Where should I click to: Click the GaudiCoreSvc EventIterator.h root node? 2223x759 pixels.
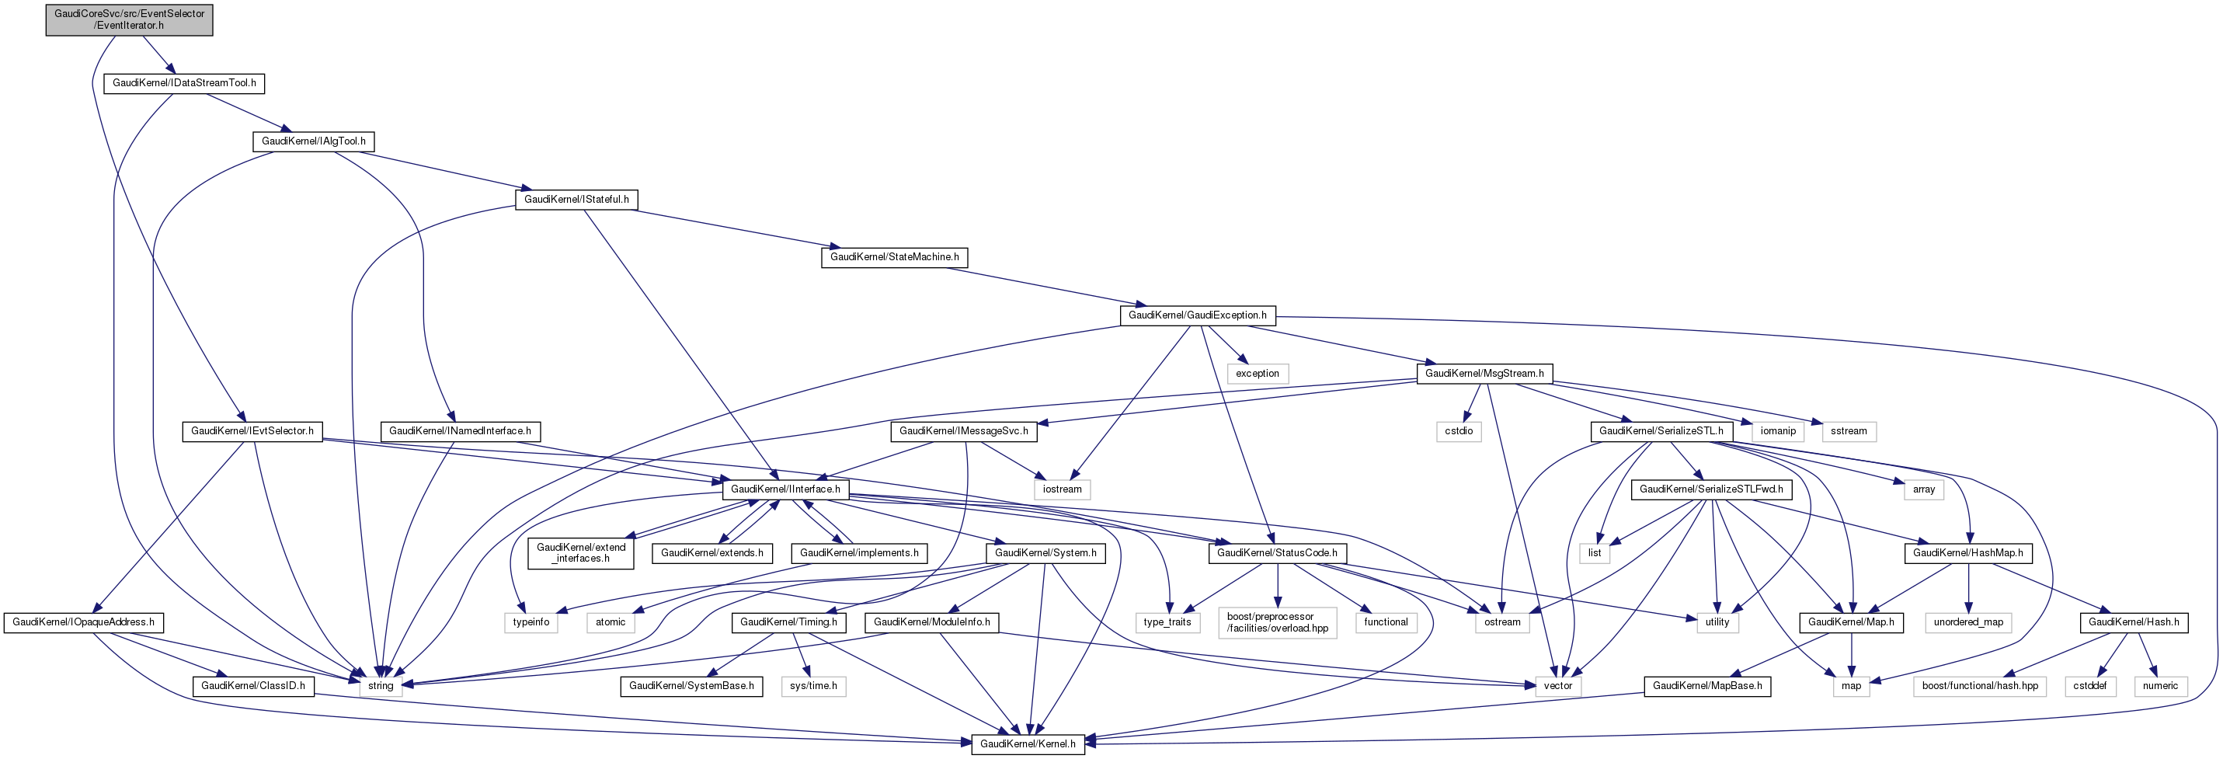click(130, 19)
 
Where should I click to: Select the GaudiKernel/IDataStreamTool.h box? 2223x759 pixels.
click(185, 83)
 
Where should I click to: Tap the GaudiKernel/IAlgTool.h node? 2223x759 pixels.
click(313, 141)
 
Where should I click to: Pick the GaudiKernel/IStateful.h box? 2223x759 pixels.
click(576, 200)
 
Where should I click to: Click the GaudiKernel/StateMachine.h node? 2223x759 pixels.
click(894, 257)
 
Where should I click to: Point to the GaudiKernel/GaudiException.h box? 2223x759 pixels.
click(1197, 315)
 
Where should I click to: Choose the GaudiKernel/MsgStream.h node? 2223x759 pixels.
click(1484, 373)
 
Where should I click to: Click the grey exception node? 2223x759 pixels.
click(1257, 374)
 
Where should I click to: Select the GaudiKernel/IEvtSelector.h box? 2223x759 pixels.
click(252, 431)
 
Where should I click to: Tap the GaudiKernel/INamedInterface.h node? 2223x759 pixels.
click(460, 431)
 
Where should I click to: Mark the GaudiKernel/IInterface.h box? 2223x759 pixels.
click(785, 489)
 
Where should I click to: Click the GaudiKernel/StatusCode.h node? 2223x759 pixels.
click(1276, 552)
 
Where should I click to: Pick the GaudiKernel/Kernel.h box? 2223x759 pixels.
click(1027, 743)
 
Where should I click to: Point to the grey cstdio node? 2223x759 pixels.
click(1459, 431)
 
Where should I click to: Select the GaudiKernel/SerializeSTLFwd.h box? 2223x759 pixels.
click(1711, 489)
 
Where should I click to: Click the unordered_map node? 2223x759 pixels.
click(1967, 621)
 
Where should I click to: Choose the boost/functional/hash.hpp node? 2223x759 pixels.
click(1980, 686)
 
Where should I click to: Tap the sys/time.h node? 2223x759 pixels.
click(813, 686)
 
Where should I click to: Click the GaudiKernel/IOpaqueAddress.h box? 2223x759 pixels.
click(84, 621)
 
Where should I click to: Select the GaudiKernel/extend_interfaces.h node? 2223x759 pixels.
click(581, 552)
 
